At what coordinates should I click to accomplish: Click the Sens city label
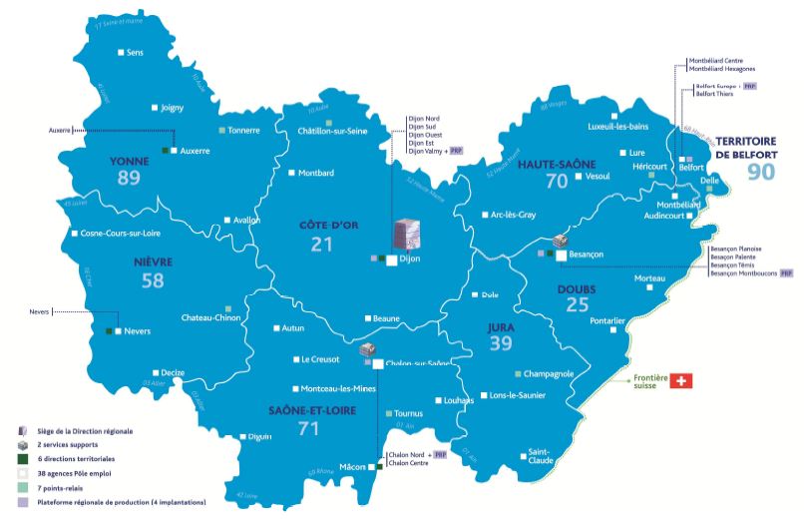(136, 52)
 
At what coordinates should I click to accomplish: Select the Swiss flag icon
(682, 381)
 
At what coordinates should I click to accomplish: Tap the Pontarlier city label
(607, 320)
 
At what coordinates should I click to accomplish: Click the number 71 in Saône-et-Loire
(308, 428)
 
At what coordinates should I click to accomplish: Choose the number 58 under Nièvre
(153, 282)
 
